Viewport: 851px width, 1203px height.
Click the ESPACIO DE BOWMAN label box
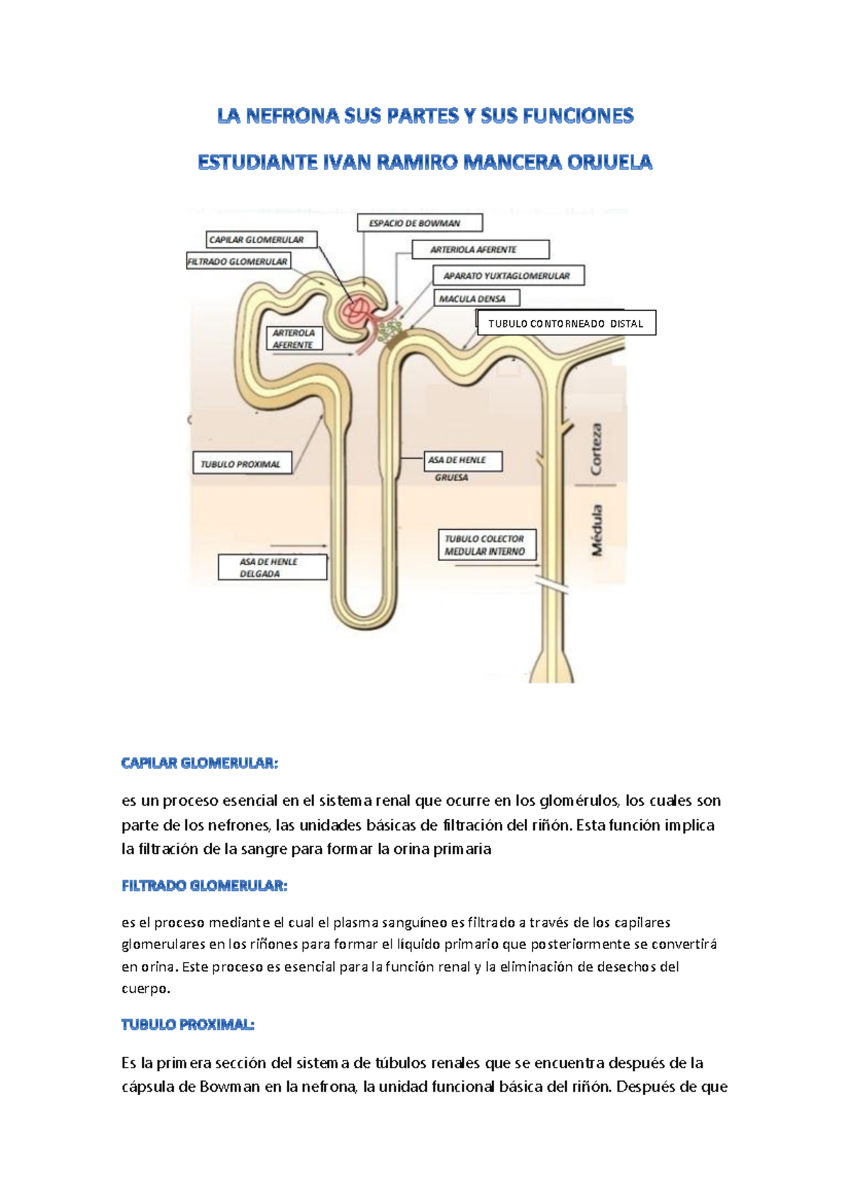click(x=420, y=223)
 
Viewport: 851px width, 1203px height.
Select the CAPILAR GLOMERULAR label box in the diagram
click(x=262, y=240)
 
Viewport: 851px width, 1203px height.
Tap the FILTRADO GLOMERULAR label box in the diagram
click(x=238, y=262)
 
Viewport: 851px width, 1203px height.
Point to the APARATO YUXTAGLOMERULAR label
click(x=508, y=275)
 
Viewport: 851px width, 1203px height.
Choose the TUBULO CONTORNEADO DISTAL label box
click(x=566, y=323)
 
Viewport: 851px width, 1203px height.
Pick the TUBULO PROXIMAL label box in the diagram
click(x=241, y=464)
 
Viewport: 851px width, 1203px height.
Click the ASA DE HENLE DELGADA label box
click(x=272, y=567)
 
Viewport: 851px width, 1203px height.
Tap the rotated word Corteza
click(x=596, y=449)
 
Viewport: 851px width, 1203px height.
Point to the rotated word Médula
click(x=596, y=530)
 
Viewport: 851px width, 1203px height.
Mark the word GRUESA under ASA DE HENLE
click(x=452, y=478)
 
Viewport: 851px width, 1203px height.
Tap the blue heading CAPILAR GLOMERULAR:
click(x=200, y=763)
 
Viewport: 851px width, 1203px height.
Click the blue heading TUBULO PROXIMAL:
click(x=188, y=1025)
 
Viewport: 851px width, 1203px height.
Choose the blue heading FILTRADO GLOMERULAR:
click(x=204, y=886)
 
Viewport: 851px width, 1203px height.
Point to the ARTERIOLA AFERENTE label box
click(x=480, y=250)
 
